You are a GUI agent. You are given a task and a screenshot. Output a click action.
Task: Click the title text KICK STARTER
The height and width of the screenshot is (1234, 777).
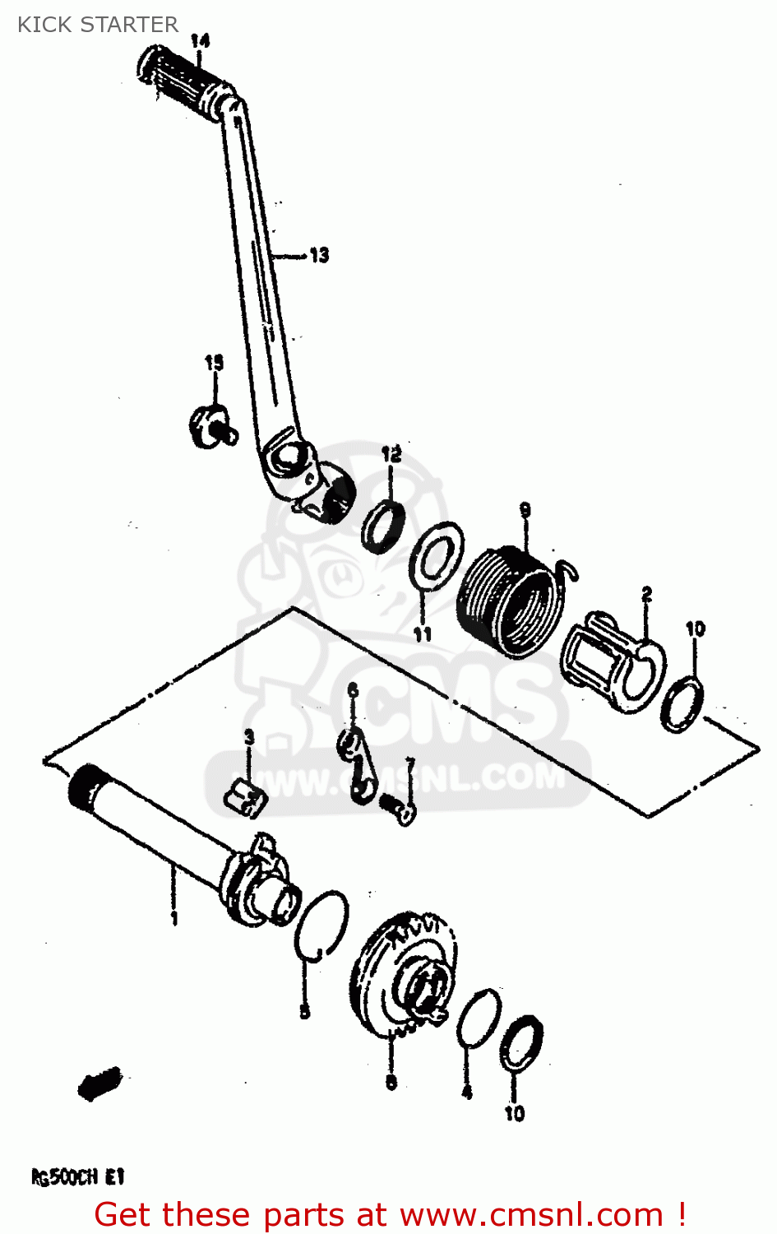tap(98, 25)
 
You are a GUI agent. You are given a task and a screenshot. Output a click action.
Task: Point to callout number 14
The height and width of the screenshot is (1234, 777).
tap(200, 40)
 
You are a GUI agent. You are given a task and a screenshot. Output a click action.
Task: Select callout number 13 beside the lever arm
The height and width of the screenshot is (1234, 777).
tap(319, 255)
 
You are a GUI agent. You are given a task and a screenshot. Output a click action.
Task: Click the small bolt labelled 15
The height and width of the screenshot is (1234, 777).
tap(211, 427)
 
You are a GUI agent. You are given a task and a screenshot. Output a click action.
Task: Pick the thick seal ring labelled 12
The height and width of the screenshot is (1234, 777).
tap(383, 526)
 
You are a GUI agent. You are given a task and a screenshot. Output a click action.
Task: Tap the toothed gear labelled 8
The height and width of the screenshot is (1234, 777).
tap(407, 979)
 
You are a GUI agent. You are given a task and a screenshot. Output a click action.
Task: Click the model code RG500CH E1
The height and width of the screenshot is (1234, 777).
tap(78, 1177)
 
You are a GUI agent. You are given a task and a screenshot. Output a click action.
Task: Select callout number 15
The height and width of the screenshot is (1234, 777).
tap(214, 363)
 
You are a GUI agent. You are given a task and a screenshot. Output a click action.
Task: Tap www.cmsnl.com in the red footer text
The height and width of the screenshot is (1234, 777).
tap(530, 1215)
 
